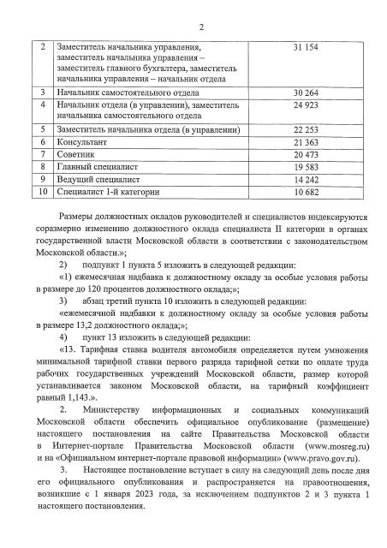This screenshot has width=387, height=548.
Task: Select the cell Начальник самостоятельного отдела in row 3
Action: tap(129, 92)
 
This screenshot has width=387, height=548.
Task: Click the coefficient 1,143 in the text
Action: tap(91, 398)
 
